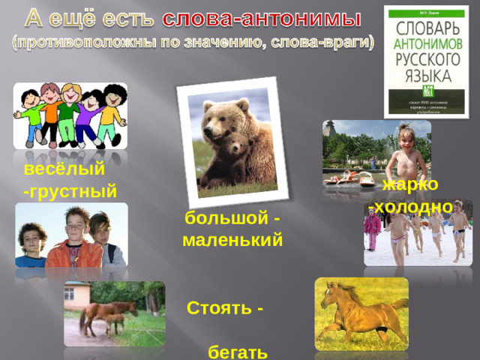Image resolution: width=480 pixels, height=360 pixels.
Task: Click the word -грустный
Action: click(70, 190)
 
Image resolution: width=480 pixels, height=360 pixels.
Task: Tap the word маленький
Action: click(232, 241)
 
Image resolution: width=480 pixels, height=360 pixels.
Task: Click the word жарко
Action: click(410, 184)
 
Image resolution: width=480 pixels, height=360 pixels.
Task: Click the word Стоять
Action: click(219, 307)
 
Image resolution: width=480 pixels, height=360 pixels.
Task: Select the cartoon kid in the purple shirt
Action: click(91, 112)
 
